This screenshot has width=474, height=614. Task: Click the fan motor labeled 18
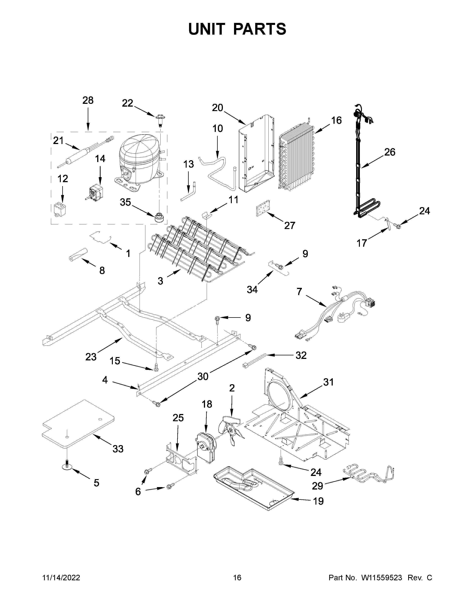pyautogui.click(x=206, y=447)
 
